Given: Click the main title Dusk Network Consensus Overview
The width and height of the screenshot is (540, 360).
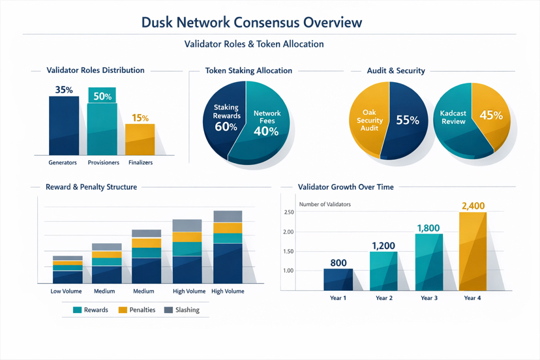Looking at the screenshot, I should coord(251,22).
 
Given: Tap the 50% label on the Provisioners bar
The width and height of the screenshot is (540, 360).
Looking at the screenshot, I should coord(102,97).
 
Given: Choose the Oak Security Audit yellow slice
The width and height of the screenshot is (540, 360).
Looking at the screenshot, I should coord(367,121).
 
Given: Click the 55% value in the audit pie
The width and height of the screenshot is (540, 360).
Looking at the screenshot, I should coord(407,120).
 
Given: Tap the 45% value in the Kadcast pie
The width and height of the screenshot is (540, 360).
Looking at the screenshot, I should coord(490,115).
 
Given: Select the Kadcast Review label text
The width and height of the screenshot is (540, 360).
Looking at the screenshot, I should coord(453,117).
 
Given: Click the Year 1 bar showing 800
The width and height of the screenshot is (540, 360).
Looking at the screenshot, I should coord(338,279).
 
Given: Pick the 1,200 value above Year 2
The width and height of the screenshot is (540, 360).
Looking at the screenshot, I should coord(383,246).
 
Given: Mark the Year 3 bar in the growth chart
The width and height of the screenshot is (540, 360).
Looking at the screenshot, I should coord(428,262).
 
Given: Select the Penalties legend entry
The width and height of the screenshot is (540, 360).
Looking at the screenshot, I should coord(136,310).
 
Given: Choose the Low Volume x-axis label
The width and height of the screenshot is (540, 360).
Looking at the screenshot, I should coord(66,291).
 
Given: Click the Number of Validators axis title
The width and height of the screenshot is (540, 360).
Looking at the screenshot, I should coord(325,205).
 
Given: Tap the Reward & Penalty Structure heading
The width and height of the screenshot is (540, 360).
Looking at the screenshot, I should coord(91,187).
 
